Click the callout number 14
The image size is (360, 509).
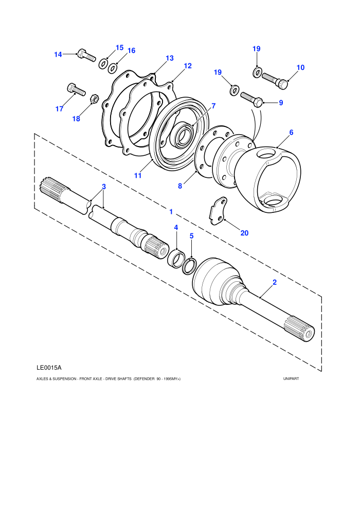(x=58, y=54)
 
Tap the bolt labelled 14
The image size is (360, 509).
(x=86, y=55)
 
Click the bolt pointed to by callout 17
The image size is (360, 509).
(x=76, y=89)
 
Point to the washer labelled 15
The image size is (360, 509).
(x=103, y=63)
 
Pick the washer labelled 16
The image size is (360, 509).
(x=113, y=68)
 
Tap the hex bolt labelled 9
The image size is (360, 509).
(x=252, y=100)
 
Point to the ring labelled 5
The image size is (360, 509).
(x=190, y=265)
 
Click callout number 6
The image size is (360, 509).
(x=291, y=132)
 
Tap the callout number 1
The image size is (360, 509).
(x=171, y=212)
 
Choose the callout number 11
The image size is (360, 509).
(x=138, y=175)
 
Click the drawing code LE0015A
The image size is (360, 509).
(x=49, y=368)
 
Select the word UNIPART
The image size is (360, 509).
(x=291, y=378)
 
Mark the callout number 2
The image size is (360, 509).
(x=275, y=282)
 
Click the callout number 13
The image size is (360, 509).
(x=169, y=58)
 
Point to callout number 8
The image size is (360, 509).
(x=180, y=186)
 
